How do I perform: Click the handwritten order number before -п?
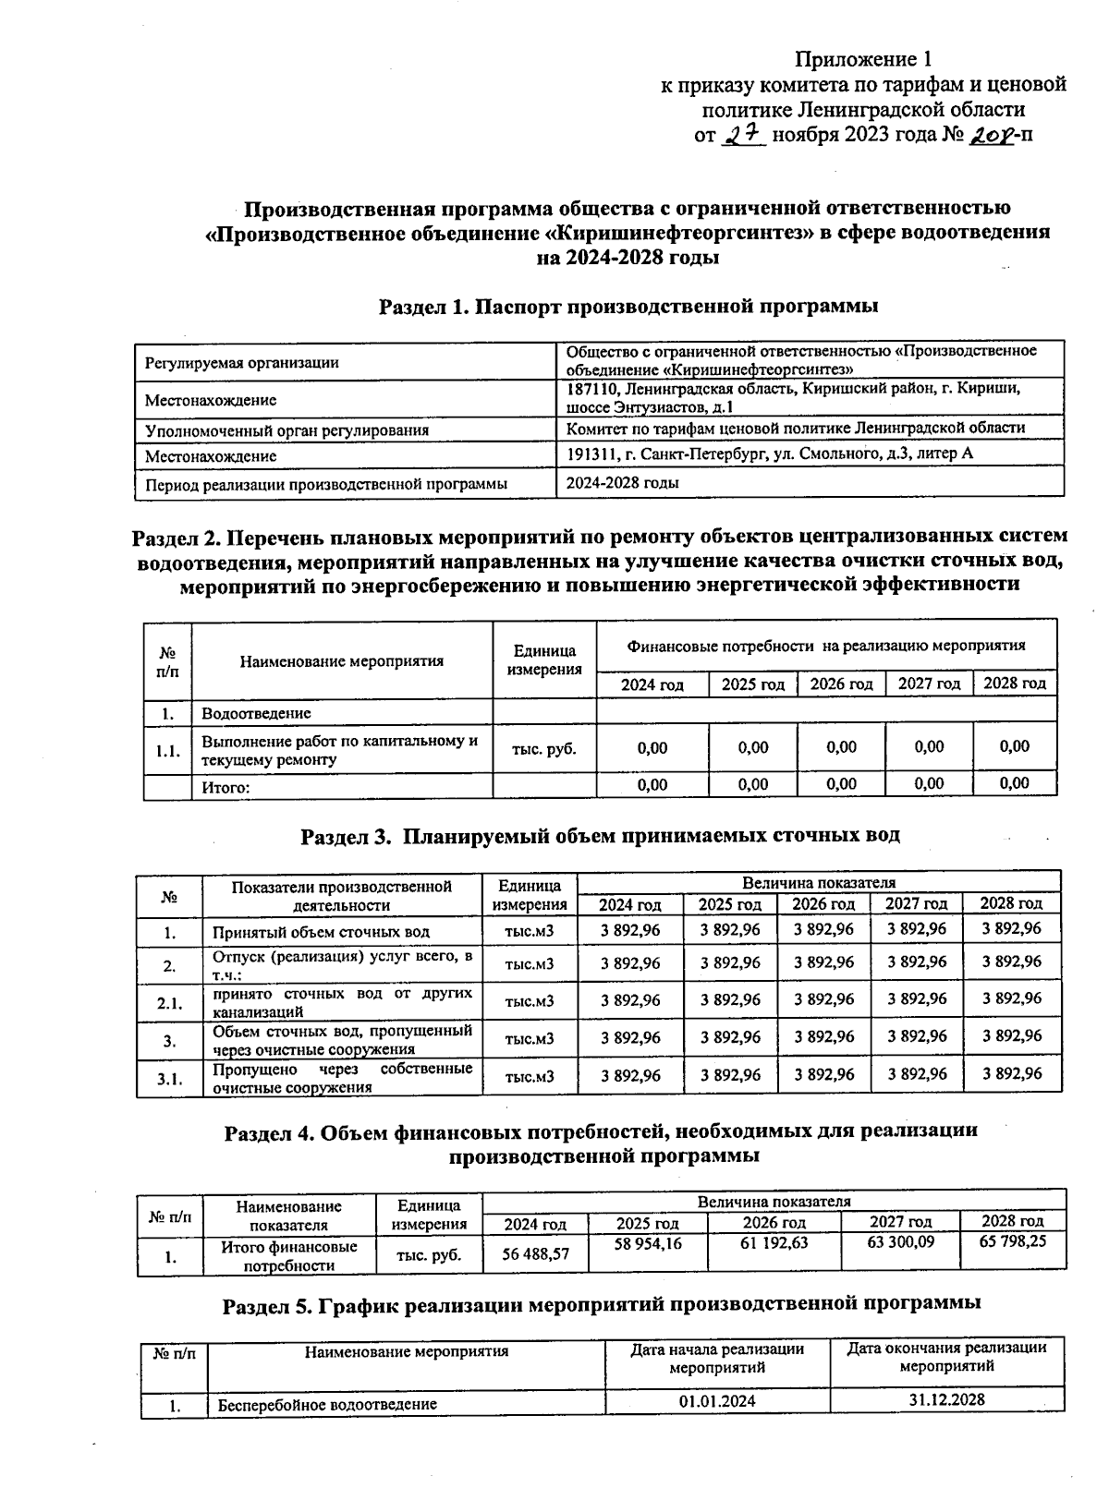(x=991, y=135)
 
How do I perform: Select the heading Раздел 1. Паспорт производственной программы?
(x=628, y=306)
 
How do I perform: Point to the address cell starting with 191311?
(x=769, y=454)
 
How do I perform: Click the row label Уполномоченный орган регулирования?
(x=286, y=430)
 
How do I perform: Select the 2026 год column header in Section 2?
(x=841, y=684)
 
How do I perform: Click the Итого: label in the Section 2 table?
(x=226, y=787)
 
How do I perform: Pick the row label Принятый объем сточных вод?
(x=321, y=932)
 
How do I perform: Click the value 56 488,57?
(x=536, y=1254)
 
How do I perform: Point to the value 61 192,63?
(x=774, y=1243)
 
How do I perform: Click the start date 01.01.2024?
(x=717, y=1401)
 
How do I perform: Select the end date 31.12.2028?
(x=946, y=1399)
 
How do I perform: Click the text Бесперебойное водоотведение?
(x=327, y=1405)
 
